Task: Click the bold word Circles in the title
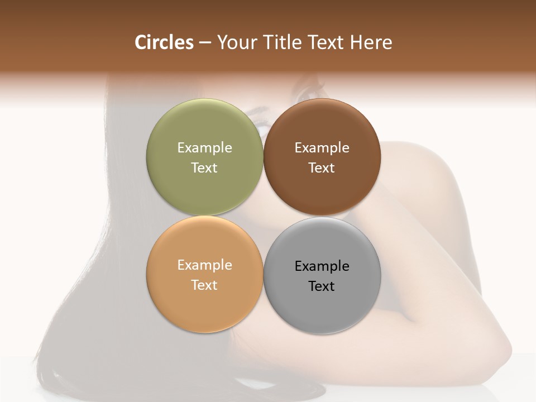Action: coord(164,42)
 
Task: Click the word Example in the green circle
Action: coord(205,148)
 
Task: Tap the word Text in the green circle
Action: coord(205,168)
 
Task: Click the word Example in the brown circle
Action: coord(322,148)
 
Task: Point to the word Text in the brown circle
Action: coord(322,168)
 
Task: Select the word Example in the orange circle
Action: coord(205,265)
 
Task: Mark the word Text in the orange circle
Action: coord(205,285)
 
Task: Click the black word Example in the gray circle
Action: coord(322,266)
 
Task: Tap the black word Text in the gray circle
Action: coord(322,286)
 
